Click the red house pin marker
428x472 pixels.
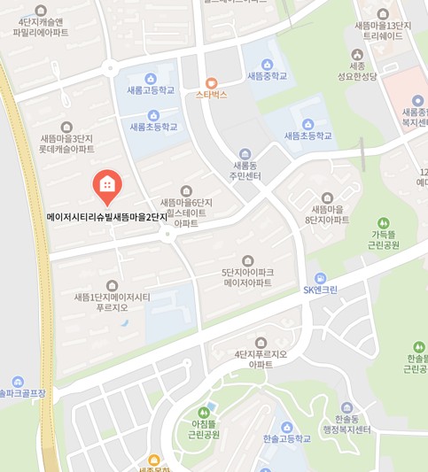[x=107, y=185]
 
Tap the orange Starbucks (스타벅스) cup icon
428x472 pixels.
[x=212, y=82]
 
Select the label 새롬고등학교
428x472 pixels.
[x=151, y=90]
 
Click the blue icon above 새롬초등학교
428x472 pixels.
[x=153, y=114]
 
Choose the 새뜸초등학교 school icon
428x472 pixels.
[x=307, y=124]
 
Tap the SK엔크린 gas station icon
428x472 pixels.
[x=320, y=277]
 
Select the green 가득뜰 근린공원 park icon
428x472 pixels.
[x=384, y=222]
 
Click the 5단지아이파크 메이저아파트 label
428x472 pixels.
[x=247, y=278]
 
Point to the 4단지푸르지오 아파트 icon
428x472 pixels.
[x=261, y=343]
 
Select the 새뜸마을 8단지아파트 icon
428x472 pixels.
[x=327, y=197]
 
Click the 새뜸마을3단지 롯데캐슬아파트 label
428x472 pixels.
[x=66, y=144]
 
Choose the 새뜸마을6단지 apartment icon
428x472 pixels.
[x=186, y=190]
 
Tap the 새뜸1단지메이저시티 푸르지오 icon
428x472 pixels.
[x=113, y=285]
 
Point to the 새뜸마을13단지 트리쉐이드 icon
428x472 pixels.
[x=383, y=14]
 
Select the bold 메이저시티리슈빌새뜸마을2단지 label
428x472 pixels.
[x=107, y=217]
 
